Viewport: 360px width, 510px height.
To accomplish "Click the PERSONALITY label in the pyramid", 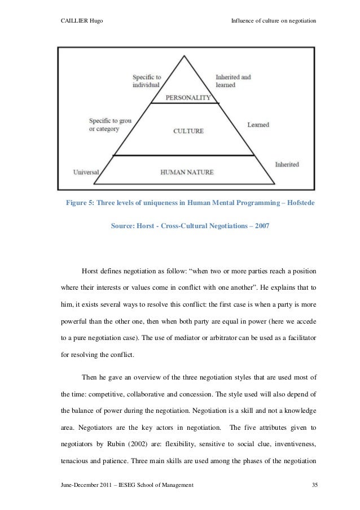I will pos(188,98).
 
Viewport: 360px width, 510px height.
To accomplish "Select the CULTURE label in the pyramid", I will pos(188,130).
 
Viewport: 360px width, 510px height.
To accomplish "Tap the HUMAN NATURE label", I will pos(188,172).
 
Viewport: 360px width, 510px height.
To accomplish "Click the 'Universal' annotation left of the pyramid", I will pos(86,172).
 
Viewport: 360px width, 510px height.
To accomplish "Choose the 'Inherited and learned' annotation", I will pos(234,81).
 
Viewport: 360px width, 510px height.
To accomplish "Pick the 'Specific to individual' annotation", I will pos(147,81).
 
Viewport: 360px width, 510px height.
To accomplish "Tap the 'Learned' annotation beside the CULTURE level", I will pos(258,124).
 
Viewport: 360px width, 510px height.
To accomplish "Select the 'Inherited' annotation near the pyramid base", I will pos(287,164).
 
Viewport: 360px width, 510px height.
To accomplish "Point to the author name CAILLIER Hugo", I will pos(81,21).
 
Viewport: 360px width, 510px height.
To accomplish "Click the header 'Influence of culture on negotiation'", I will pos(274,21).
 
